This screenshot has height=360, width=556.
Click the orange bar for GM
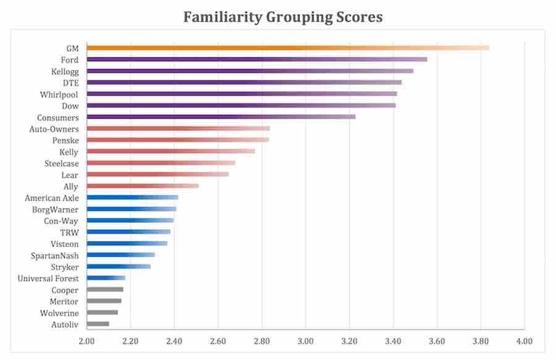click(287, 48)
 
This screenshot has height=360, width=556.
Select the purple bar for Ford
click(256, 59)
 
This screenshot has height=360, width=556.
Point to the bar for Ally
click(142, 186)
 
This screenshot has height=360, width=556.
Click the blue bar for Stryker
click(118, 267)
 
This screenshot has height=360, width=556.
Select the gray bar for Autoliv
click(98, 324)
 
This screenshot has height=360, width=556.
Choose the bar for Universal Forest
click(106, 278)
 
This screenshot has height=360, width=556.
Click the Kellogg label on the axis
click(65, 71)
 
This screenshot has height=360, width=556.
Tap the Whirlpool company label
click(61, 94)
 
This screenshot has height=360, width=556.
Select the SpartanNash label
click(55, 256)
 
